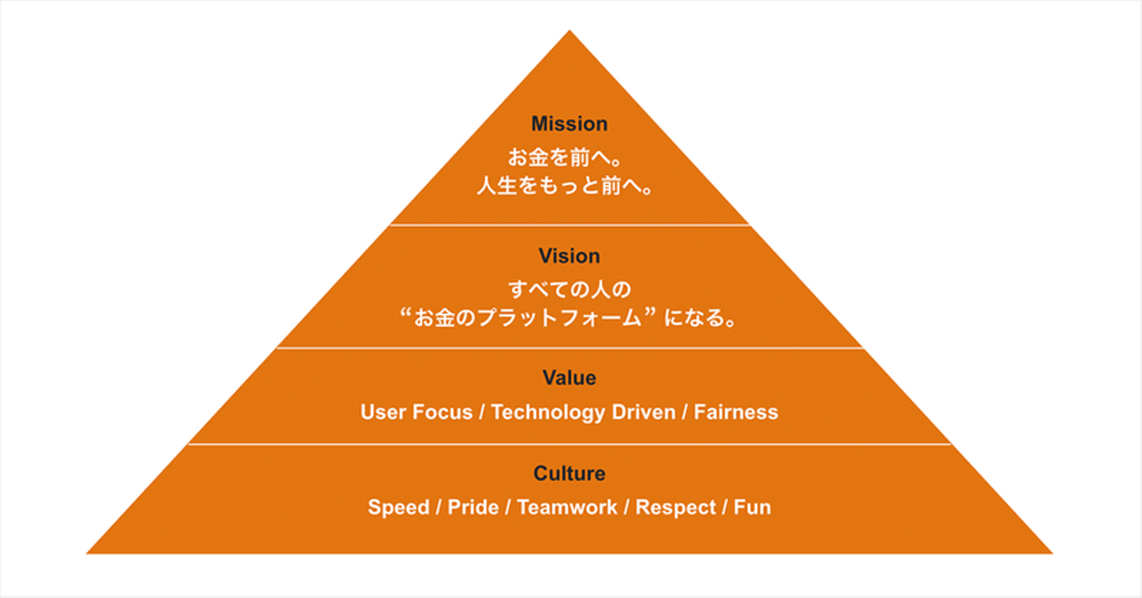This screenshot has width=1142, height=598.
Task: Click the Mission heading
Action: tap(569, 124)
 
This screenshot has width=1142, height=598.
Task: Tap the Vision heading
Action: tap(569, 256)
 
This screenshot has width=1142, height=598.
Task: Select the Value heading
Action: tap(569, 378)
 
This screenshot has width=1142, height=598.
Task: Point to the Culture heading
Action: tap(569, 473)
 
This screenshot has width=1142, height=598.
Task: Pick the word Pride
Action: tap(473, 508)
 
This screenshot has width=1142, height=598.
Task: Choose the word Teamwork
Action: tap(567, 508)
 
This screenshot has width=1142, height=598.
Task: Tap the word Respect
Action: tap(675, 508)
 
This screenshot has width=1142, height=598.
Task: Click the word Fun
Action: tap(752, 508)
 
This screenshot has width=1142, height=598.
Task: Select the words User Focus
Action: tap(416, 412)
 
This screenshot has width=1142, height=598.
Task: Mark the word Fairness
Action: tap(736, 412)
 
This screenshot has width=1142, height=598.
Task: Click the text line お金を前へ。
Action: tap(569, 158)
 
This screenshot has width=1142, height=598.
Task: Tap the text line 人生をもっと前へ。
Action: tap(569, 189)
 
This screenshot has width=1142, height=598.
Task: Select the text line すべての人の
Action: tap(569, 288)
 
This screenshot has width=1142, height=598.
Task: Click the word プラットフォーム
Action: tap(552, 319)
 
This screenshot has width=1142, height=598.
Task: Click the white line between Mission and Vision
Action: tap(569, 225)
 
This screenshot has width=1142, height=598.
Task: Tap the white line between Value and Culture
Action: tap(569, 444)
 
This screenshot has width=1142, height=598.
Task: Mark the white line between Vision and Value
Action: tap(569, 347)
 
